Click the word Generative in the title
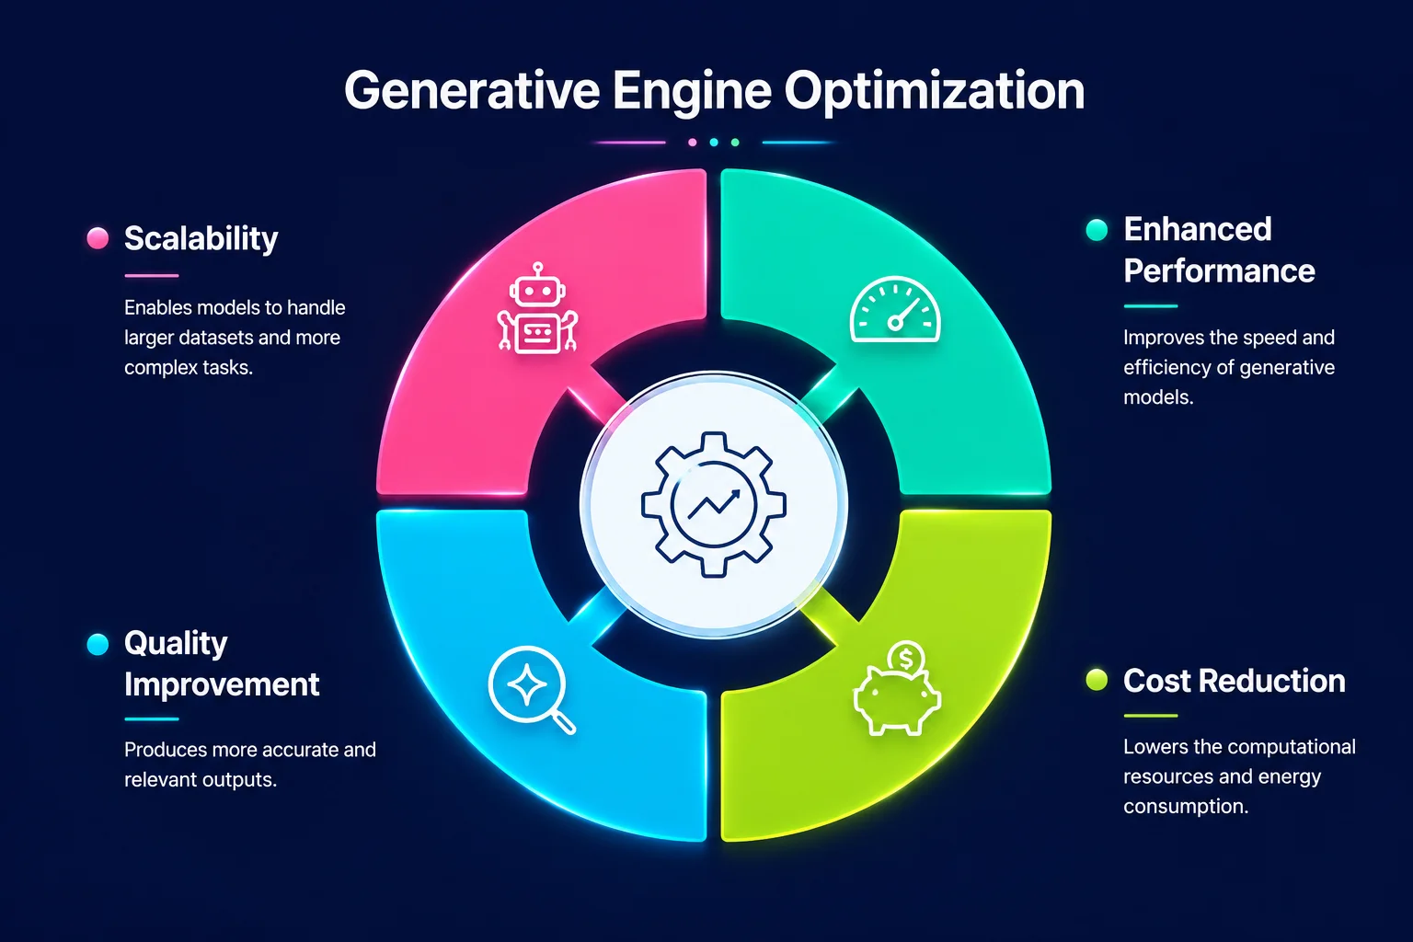click(471, 91)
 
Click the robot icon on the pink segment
click(537, 308)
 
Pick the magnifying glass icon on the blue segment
click(531, 690)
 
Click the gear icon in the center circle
click(714, 505)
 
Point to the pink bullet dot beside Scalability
click(98, 238)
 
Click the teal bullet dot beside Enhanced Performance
click(1097, 230)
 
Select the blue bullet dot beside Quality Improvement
click(98, 644)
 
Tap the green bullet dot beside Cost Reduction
click(1097, 680)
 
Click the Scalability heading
click(201, 239)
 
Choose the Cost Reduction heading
click(1234, 681)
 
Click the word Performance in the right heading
click(1219, 271)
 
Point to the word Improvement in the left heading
click(222, 684)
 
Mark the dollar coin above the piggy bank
click(906, 660)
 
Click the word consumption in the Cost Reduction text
click(1186, 807)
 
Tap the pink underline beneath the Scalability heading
click(152, 276)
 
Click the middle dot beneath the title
click(714, 142)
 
